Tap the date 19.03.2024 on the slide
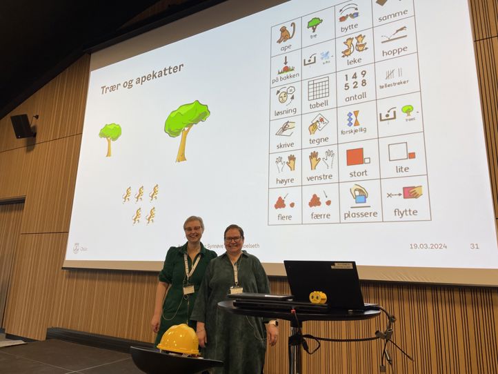[428, 246]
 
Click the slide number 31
[474, 246]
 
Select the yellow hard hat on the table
[178, 339]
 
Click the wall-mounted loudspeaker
[22, 126]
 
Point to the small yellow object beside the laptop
[318, 297]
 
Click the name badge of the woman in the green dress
[188, 289]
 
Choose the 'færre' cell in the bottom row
[320, 204]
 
